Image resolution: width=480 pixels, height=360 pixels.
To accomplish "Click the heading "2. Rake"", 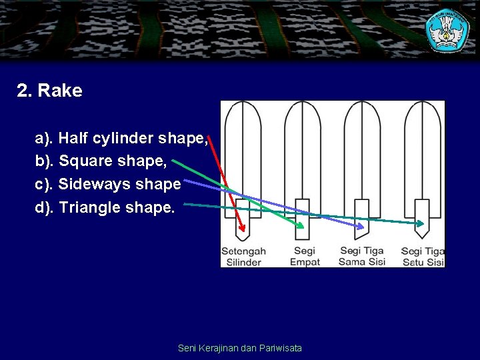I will tap(49, 91).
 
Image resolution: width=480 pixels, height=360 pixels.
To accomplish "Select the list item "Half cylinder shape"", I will tap(121, 138).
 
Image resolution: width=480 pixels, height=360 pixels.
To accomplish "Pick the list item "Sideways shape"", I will tap(108, 184).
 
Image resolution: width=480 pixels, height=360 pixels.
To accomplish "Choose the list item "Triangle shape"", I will tap(105, 207).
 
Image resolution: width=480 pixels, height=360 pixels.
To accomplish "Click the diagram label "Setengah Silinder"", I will tap(243, 257).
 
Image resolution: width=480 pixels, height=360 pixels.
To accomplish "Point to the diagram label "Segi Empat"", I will tap(305, 257).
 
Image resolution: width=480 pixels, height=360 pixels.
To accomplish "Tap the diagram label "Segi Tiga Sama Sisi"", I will tap(362, 257).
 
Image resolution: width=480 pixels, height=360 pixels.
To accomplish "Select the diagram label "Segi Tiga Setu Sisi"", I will tap(423, 257).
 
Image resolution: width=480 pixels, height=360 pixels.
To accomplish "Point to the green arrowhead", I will tap(301, 226).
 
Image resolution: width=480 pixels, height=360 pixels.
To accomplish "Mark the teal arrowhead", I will tap(421, 224).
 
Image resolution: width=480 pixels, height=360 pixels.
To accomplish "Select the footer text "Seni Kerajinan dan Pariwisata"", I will tap(240, 348).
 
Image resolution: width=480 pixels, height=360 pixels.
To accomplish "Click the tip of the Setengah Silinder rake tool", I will tap(243, 239).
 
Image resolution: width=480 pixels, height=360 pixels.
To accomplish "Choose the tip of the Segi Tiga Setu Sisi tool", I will tap(421, 237).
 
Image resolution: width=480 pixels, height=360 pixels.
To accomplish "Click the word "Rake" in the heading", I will tap(61, 91).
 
